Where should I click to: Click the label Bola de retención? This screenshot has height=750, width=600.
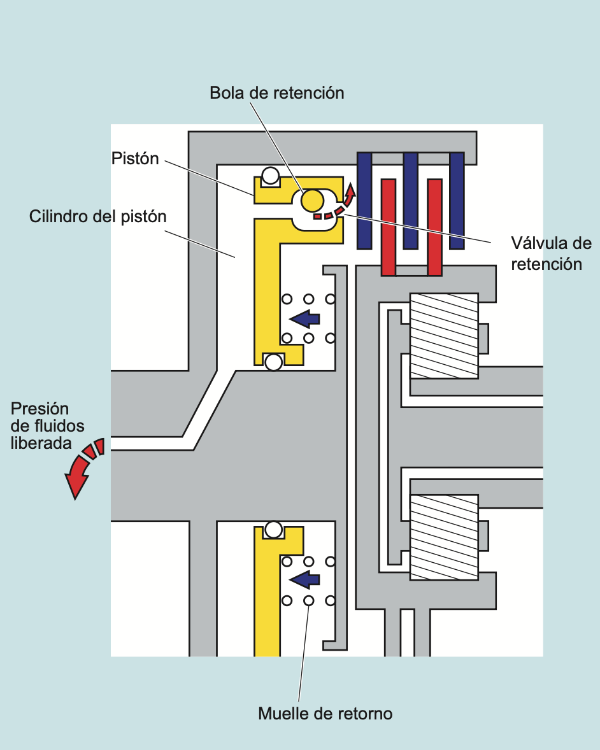click(x=276, y=93)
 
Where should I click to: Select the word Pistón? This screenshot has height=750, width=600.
click(x=134, y=159)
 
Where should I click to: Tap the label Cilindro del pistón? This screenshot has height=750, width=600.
click(x=97, y=216)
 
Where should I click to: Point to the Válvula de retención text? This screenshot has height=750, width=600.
click(x=551, y=253)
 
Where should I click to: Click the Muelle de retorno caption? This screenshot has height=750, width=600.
click(x=325, y=714)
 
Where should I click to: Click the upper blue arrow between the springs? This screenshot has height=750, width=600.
click(x=304, y=318)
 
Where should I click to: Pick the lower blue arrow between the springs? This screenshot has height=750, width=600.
click(x=304, y=579)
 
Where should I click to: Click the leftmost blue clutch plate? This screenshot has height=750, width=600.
click(x=364, y=201)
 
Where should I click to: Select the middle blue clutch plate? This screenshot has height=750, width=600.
click(x=411, y=201)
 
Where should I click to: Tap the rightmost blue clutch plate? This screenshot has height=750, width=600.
click(x=457, y=201)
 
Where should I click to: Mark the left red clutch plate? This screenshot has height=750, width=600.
click(x=388, y=227)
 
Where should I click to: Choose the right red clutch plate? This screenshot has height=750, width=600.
click(x=434, y=227)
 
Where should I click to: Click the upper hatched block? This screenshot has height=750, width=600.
click(x=444, y=336)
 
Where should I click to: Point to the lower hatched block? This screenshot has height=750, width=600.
click(x=444, y=537)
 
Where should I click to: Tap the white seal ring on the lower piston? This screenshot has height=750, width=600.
click(x=274, y=529)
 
